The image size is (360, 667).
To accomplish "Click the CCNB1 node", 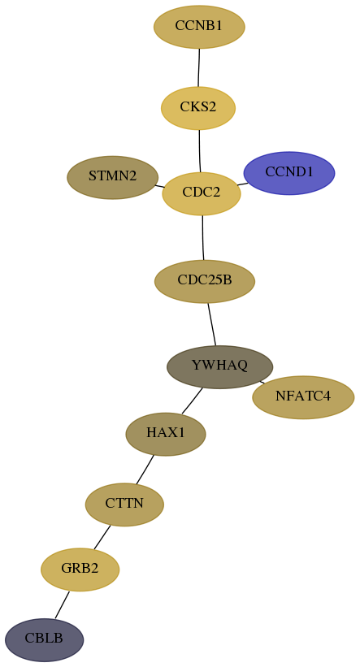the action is tap(199, 27).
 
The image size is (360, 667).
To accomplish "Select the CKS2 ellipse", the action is tap(198, 108).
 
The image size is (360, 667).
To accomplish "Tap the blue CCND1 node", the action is tap(289, 173).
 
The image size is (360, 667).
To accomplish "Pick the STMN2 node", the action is tap(113, 177).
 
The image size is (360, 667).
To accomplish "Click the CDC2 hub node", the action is tap(202, 193).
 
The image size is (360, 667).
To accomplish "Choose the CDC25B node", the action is tap(205, 281).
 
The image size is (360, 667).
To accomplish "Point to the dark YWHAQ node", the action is tap(219, 366).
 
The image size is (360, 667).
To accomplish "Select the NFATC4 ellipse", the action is tap(303, 397).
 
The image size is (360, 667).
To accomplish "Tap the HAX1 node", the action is tap(166, 434).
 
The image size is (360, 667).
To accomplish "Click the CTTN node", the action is tap(124, 505).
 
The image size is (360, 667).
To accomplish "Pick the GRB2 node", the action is tap(80, 570).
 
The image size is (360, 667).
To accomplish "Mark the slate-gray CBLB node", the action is tap(44, 639).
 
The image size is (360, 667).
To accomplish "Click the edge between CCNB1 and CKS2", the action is tap(199, 67).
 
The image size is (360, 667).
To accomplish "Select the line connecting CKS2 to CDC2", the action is tap(200, 151).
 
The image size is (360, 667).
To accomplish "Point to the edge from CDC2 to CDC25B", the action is tap(203, 238).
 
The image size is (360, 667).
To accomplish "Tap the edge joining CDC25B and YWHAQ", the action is tap(211, 324).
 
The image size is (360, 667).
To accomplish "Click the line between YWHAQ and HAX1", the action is tap(192, 401).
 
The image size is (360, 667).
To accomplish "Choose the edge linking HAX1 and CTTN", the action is tap(145, 470).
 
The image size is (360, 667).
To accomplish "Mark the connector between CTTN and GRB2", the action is tap(102, 537).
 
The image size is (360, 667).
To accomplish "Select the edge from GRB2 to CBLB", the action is tap(62, 604).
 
